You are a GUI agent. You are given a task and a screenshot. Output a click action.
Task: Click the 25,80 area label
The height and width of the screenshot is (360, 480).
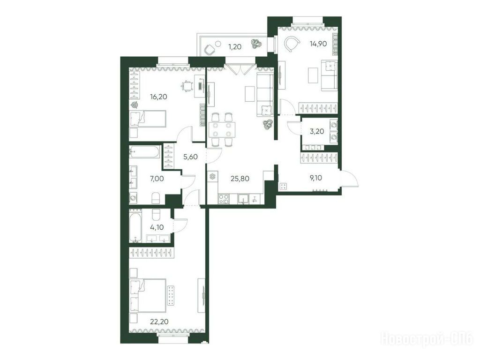pos(240,178)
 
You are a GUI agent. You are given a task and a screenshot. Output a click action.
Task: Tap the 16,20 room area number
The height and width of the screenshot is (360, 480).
pos(158,97)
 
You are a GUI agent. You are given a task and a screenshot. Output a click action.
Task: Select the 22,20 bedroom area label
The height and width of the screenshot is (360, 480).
pos(159,321)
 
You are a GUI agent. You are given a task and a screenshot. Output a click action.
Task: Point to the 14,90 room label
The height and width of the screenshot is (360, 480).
pos(318,44)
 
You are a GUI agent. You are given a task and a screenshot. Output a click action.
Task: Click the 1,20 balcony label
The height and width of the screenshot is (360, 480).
pos(235,47)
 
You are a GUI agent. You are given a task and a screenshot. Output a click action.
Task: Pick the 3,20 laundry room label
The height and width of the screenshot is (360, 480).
pos(317,131)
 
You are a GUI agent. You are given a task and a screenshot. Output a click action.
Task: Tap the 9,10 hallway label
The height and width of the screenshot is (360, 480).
pos(316,178)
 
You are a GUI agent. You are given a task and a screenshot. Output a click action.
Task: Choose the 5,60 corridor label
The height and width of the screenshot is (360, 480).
pos(190,157)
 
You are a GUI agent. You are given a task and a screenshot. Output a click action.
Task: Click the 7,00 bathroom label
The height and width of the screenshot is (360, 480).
pos(157,178)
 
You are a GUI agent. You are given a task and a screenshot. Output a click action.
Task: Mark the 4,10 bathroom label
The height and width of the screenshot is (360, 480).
pos(157,227)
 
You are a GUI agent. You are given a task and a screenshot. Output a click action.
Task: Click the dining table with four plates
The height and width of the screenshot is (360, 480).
pos(222,129)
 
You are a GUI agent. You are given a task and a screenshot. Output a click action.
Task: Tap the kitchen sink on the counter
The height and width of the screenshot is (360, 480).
pos(244,199)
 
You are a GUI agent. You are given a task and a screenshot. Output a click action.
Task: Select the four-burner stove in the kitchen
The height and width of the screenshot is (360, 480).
pos(223,199)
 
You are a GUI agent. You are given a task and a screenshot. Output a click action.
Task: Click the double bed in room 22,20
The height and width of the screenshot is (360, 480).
pos(148,295)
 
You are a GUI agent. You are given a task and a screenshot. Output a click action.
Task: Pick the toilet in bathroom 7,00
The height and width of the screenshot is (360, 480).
pos(156,198)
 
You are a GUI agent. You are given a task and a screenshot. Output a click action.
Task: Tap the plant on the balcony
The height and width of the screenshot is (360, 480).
pos(255,44)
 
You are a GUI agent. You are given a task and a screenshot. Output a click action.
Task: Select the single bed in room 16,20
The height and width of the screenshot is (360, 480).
pos(148,119)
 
